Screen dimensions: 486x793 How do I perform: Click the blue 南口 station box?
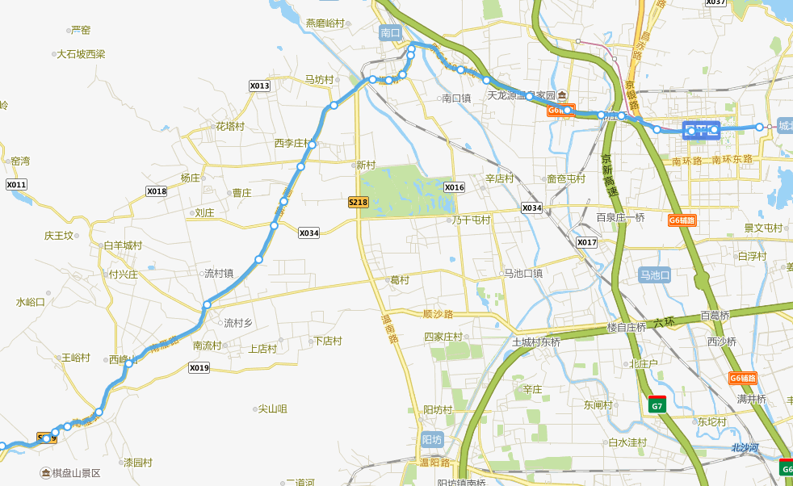(390, 33)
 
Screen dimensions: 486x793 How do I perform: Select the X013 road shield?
(259, 86)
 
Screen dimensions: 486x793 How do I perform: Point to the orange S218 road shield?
(359, 202)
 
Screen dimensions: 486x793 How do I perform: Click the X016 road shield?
(455, 187)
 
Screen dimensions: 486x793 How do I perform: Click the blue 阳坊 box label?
(432, 440)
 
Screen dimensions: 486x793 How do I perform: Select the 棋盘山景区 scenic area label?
(76, 473)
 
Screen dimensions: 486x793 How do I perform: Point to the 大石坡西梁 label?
(81, 54)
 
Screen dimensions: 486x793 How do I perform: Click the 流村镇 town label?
(218, 274)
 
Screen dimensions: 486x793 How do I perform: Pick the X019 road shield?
(199, 368)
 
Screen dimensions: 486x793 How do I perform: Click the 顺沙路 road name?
(438, 314)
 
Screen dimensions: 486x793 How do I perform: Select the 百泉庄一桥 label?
(620, 217)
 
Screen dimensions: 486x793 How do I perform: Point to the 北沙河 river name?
(745, 447)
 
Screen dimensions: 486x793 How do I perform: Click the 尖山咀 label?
(272, 409)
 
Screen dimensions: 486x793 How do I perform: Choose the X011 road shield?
(16, 185)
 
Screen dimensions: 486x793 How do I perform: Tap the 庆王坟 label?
(59, 236)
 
